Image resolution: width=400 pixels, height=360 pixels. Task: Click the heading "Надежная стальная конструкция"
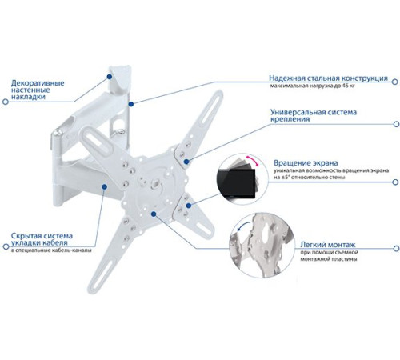(328, 78)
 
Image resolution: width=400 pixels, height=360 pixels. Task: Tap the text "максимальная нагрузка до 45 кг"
(312, 86)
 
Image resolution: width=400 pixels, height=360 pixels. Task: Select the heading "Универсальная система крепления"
(314, 115)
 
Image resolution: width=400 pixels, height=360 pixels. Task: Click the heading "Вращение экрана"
(306, 162)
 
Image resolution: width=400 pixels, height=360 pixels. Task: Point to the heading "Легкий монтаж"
(328, 244)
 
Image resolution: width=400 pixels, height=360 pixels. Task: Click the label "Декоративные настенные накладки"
(38, 90)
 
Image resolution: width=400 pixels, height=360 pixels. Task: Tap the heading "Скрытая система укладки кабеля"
(42, 239)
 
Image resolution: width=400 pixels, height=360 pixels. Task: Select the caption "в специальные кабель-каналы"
(51, 250)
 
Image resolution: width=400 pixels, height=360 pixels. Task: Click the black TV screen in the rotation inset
(237, 183)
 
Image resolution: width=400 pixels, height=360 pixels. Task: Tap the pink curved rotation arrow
(252, 160)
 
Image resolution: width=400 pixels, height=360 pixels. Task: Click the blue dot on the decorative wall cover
(109, 77)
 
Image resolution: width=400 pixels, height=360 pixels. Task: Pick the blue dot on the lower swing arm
(105, 186)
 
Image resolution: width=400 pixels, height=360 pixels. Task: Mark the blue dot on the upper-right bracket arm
(186, 162)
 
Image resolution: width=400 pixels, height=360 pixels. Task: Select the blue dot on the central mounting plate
(154, 214)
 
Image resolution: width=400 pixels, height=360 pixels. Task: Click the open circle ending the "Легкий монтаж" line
(396, 248)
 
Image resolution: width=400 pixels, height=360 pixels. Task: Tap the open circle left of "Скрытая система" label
(6, 246)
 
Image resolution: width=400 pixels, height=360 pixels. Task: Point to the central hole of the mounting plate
(155, 184)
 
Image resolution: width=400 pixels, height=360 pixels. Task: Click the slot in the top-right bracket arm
(210, 109)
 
